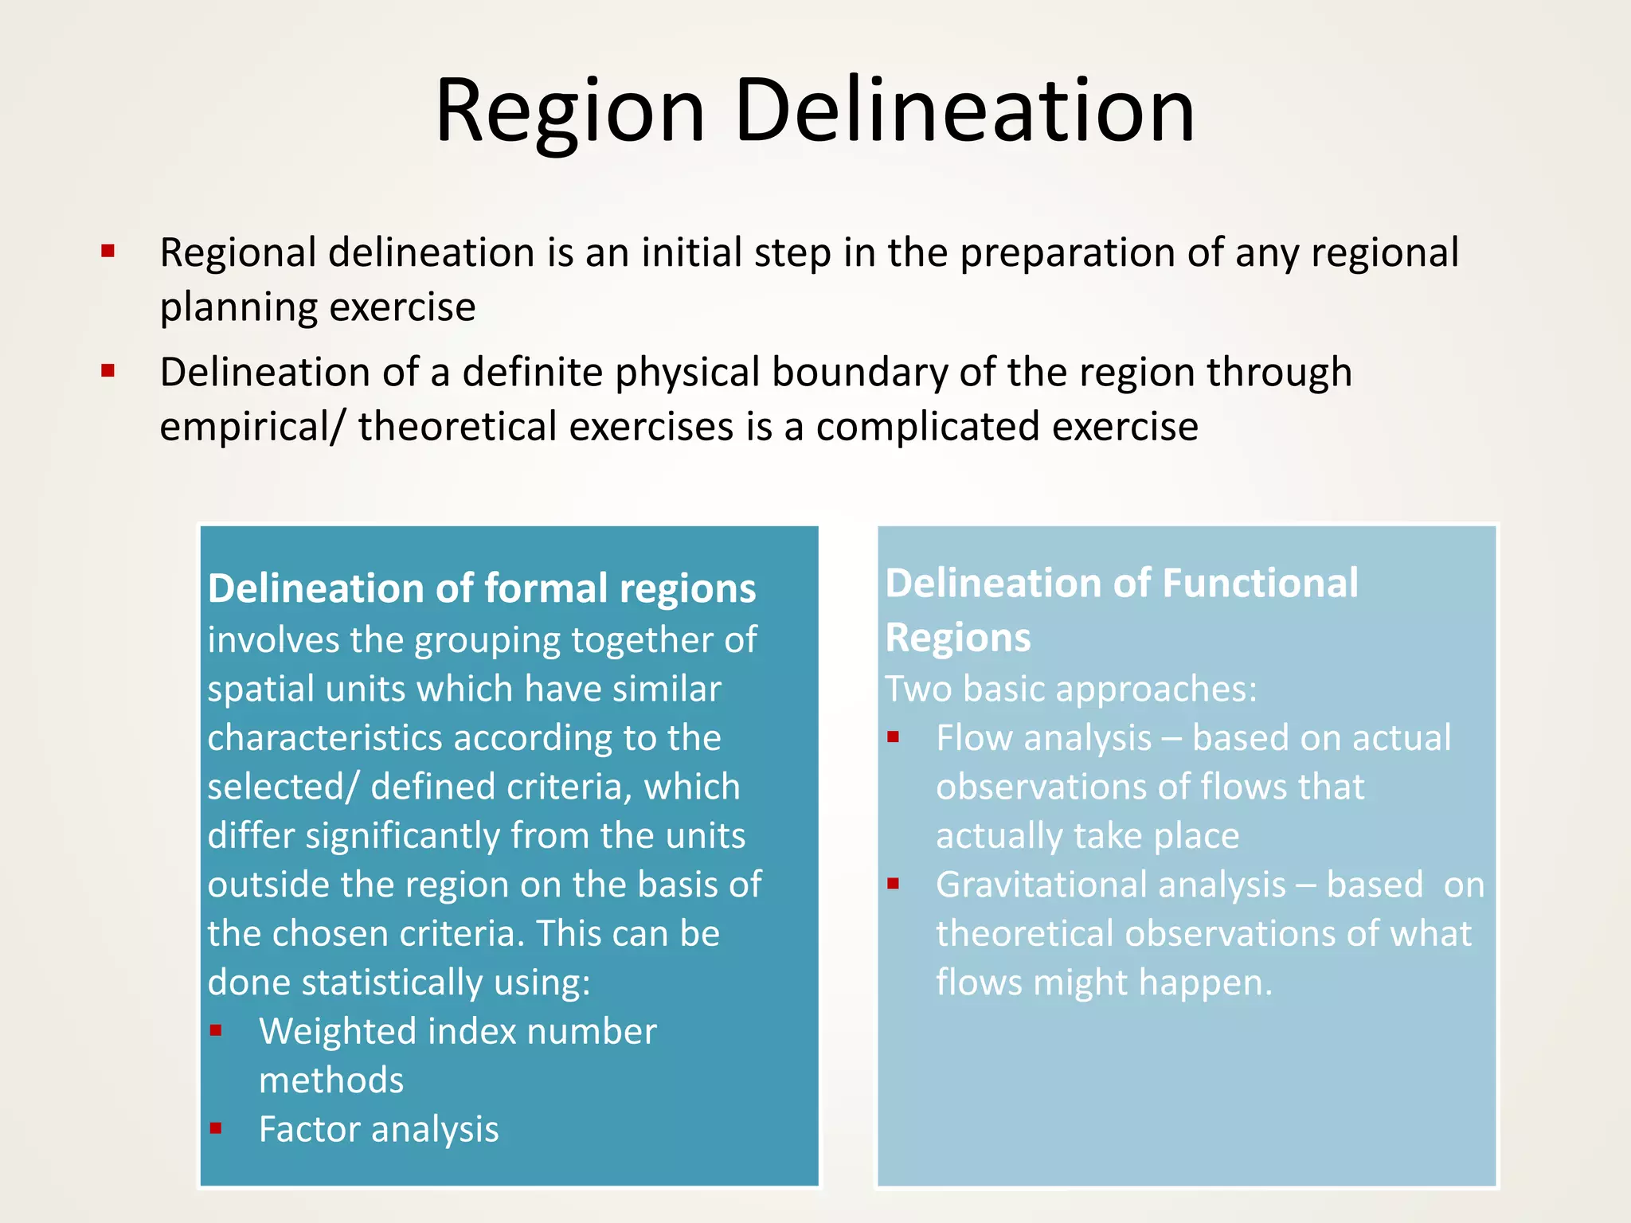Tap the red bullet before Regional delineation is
coord(108,252)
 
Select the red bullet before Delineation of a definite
coord(108,371)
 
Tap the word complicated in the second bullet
coord(928,427)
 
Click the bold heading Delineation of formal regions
coord(481,589)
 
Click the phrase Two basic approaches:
coord(1070,689)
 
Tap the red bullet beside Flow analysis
coord(894,737)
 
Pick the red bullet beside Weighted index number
coord(216,1031)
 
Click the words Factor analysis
coord(378,1130)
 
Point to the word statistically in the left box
coord(393,983)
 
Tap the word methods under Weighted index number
coord(331,1081)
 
